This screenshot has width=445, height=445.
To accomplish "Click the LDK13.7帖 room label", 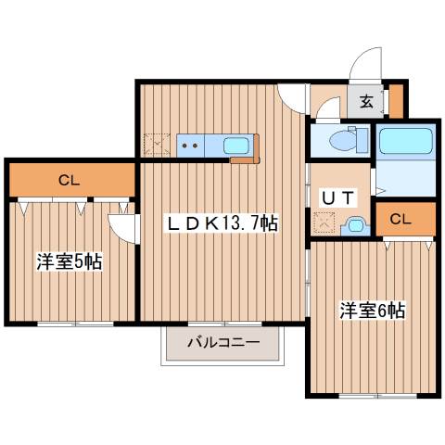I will [x=222, y=223].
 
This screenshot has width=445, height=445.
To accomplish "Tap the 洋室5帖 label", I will [x=69, y=262].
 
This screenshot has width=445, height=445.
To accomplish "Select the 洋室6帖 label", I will [x=373, y=311].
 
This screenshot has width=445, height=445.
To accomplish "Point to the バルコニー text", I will [x=222, y=342].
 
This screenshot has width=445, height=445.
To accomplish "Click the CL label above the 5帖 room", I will [x=69, y=179].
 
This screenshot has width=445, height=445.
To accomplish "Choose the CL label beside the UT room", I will [x=401, y=219].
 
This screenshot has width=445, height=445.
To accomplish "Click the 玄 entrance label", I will [x=366, y=102].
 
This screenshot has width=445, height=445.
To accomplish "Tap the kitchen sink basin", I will [x=235, y=145].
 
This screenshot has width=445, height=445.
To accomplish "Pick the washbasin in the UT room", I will [x=353, y=223].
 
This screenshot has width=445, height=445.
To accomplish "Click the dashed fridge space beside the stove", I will [x=155, y=146].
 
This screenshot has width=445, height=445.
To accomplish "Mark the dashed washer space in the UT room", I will [x=324, y=222].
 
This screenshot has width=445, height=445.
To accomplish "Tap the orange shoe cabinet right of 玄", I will [x=396, y=100].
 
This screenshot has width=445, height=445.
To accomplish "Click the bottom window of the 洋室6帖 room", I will [x=371, y=396].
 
